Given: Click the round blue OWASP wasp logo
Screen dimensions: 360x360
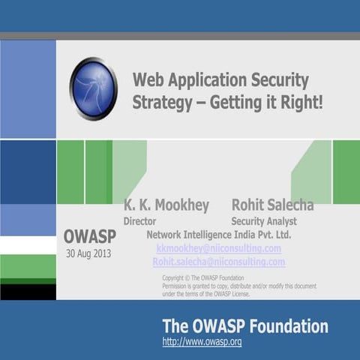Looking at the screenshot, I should [x=94, y=88].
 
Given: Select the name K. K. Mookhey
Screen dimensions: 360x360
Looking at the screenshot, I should [x=166, y=205].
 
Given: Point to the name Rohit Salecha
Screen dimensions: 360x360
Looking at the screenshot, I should [x=272, y=205].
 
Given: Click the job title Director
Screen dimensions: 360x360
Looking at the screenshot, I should [x=139, y=221].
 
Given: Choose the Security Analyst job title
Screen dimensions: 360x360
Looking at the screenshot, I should [x=264, y=221].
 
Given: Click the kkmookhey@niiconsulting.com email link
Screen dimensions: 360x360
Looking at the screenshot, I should [x=218, y=248].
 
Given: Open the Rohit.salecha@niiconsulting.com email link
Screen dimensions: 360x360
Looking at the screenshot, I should [x=218, y=262].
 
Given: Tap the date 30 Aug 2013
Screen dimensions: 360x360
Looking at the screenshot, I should [x=88, y=253].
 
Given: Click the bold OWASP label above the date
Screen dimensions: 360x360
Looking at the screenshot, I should [x=89, y=237].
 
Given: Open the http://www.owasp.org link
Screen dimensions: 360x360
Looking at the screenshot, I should [x=202, y=342].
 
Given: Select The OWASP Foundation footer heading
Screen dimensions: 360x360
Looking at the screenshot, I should [x=244, y=326].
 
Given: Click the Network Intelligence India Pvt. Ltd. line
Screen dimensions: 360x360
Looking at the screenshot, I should [x=218, y=235].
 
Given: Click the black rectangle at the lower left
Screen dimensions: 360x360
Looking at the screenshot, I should [x=28, y=291].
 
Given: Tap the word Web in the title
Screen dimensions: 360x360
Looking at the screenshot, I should [x=148, y=80].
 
